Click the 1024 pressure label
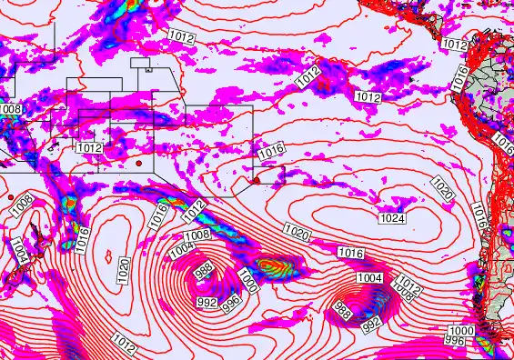(392, 218)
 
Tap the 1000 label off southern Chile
(462, 330)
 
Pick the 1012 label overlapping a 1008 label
(409, 284)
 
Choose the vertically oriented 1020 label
(124, 269)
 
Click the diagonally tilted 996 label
(232, 299)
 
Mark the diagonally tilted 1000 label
(248, 280)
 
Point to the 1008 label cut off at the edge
(9, 110)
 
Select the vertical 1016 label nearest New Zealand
(81, 240)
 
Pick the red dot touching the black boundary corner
(257, 181)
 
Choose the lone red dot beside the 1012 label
(137, 163)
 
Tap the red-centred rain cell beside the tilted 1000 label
(271, 266)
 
